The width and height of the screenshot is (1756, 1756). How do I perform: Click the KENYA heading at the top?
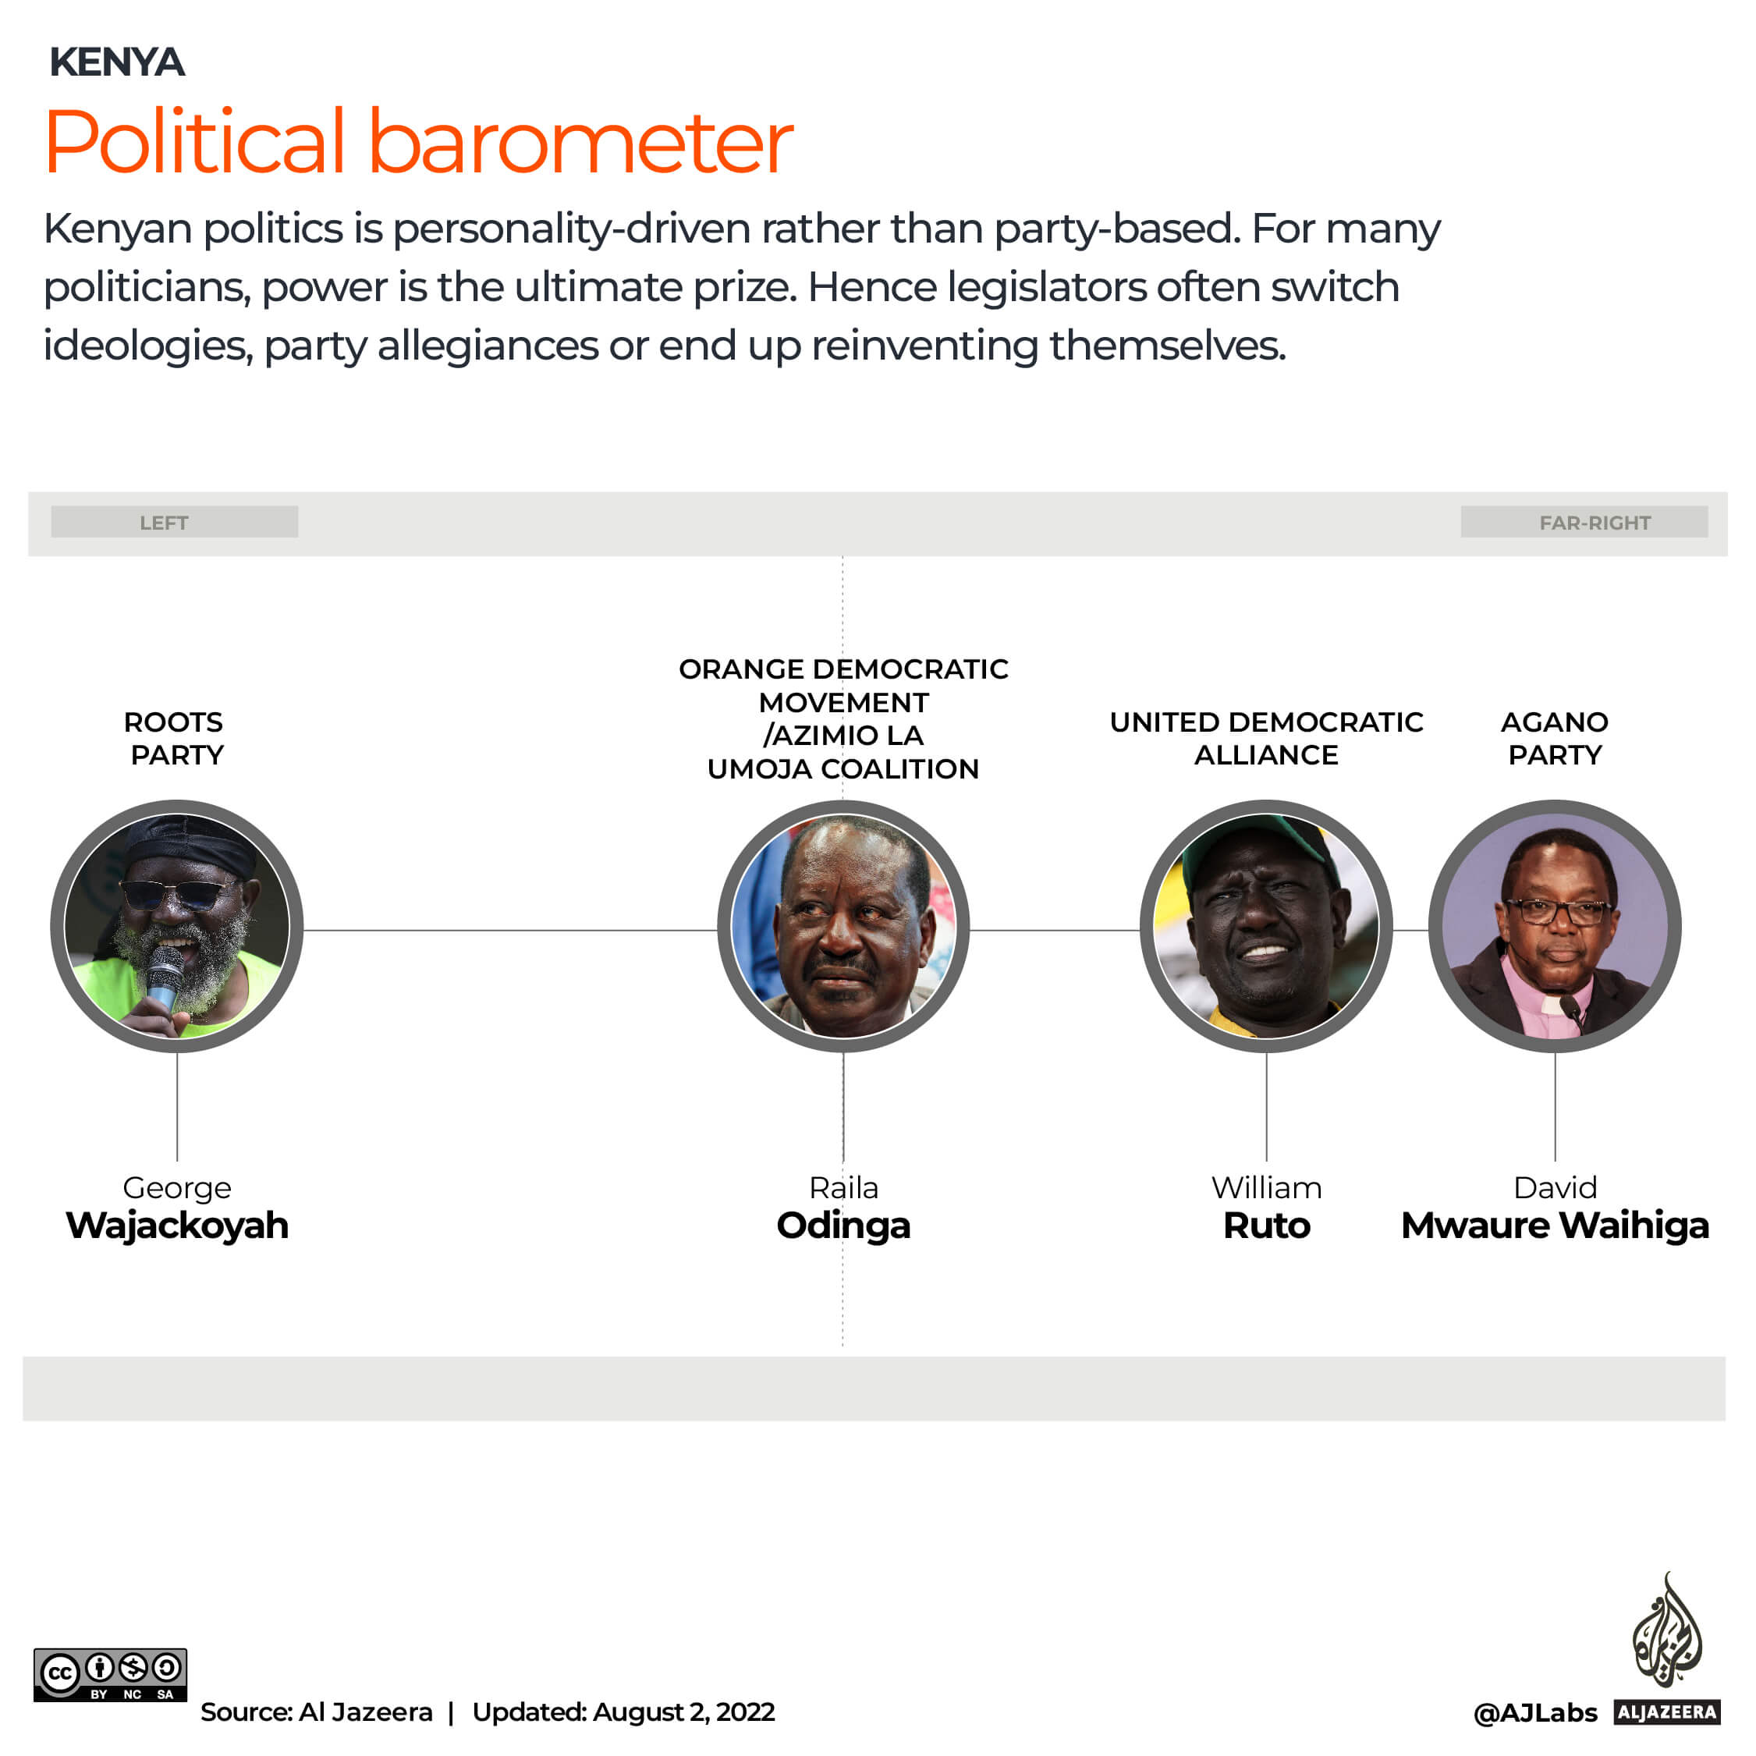pos(116,62)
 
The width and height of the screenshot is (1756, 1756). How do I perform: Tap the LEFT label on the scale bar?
pos(164,523)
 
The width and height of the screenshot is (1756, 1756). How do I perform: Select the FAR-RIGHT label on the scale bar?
pos(1595,523)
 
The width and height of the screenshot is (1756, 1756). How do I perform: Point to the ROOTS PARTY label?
pos(176,738)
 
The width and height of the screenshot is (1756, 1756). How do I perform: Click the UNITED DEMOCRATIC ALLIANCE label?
pos(1266,738)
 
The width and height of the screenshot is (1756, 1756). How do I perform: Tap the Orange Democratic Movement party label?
pos(843,718)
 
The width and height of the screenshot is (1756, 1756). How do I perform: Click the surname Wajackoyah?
pos(177,1226)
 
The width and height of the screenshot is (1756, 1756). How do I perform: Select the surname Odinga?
pos(843,1226)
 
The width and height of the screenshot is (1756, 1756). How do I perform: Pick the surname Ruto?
pos(1266,1226)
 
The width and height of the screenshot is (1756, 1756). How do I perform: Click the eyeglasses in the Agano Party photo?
pos(1556,910)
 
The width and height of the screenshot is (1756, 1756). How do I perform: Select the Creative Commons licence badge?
pos(110,1674)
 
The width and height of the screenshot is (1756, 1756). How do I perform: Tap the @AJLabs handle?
pos(1534,1712)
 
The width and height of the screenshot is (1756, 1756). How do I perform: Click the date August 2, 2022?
pos(683,1712)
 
